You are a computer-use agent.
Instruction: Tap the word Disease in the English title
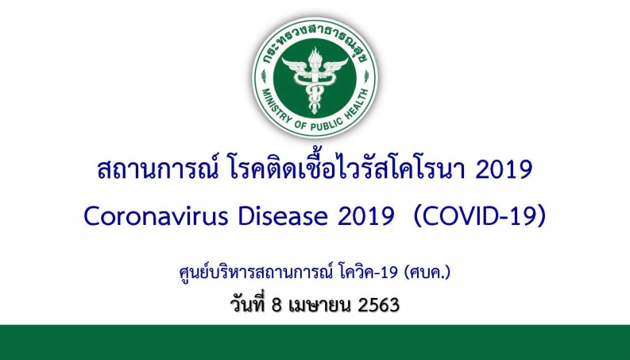point(283,216)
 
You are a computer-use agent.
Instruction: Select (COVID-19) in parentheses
point(480,216)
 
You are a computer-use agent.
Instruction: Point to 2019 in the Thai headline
point(504,170)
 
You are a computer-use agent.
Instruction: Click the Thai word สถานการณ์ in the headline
point(157,168)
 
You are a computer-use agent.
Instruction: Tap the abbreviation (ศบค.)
point(428,273)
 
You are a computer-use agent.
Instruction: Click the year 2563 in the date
point(378,305)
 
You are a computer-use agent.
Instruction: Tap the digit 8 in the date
point(276,305)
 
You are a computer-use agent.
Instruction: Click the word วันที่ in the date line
point(248,304)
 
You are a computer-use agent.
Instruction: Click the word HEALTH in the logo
point(358,103)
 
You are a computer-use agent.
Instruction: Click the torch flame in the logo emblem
point(314,56)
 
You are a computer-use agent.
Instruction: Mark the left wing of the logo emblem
point(295,65)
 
